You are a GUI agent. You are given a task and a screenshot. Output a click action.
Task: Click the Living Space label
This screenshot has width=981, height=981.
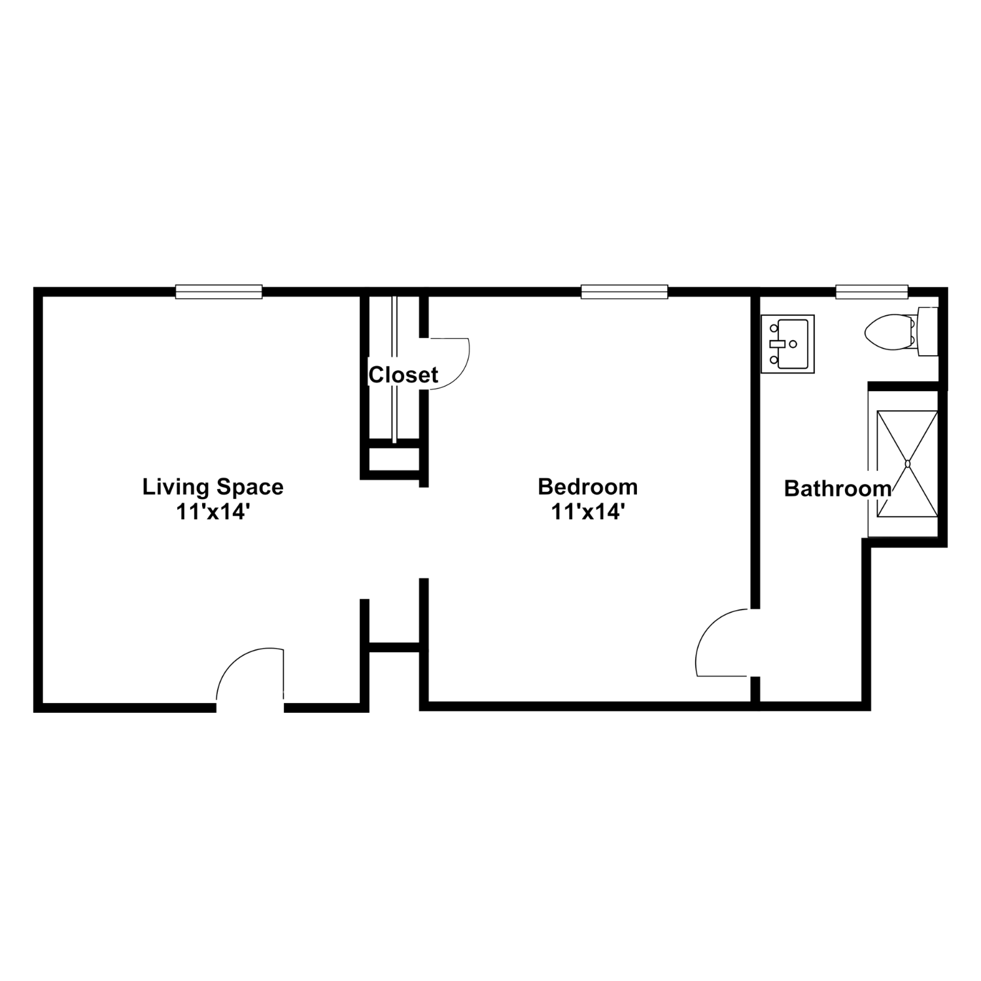[213, 487]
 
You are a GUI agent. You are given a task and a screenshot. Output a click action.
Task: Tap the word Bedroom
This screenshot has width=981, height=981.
[588, 487]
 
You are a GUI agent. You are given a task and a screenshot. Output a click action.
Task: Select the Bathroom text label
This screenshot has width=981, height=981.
[838, 489]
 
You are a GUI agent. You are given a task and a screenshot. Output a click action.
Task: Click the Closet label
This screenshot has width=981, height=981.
[404, 375]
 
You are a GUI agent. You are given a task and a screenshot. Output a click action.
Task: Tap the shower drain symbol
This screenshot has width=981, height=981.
[907, 464]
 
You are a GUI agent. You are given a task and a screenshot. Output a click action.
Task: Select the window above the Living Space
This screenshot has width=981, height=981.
[219, 292]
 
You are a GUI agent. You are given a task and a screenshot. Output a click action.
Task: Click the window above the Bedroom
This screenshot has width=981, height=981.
[625, 292]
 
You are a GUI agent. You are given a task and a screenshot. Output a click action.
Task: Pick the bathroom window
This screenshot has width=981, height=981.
[872, 292]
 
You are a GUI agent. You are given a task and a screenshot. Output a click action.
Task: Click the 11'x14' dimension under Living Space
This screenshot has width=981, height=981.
[213, 512]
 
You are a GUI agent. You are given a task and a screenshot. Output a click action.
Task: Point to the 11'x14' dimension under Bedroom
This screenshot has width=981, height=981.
[588, 512]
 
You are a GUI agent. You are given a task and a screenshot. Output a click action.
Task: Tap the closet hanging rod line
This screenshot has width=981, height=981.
[394, 370]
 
